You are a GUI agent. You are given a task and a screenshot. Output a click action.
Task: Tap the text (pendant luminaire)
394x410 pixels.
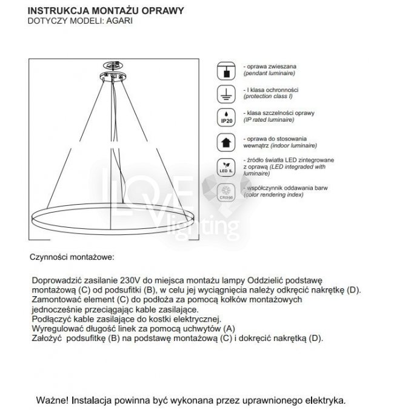click(x=269, y=73)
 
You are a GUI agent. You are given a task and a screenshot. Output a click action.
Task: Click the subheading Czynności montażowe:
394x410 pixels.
click(x=72, y=257)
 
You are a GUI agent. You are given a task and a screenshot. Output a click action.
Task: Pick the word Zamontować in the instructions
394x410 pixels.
click(x=56, y=300)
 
